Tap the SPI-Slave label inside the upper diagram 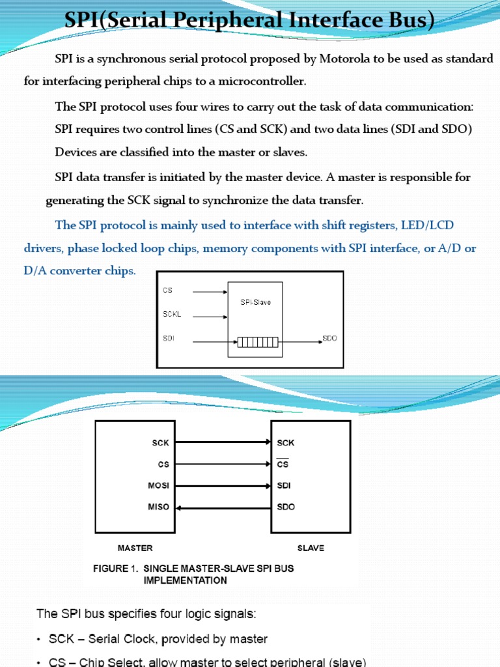(x=255, y=302)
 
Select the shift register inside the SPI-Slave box (x=258, y=343)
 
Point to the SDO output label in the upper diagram (x=330, y=339)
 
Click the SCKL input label (x=172, y=314)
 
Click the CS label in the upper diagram (x=167, y=290)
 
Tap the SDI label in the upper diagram (x=168, y=339)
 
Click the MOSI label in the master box (x=160, y=486)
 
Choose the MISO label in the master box (x=160, y=507)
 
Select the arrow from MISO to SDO (x=223, y=507)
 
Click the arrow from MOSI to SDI (x=223, y=486)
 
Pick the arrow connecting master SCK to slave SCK (x=223, y=443)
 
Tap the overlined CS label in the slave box (x=283, y=464)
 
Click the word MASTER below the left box (x=135, y=548)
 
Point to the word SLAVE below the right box (x=311, y=548)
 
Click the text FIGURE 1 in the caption (x=110, y=569)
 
